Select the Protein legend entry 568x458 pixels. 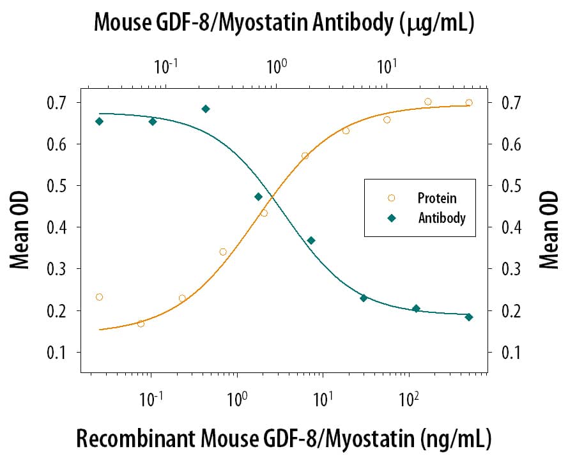click(437, 199)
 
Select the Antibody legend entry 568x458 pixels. click(441, 218)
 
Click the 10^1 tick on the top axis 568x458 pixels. click(386, 66)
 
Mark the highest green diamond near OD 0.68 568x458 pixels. click(206, 109)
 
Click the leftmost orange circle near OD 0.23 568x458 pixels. click(99, 297)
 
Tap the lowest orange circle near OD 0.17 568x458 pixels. click(141, 324)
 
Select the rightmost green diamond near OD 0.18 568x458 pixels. click(469, 317)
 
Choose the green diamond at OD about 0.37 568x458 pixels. click(311, 241)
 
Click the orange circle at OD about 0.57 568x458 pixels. click(305, 156)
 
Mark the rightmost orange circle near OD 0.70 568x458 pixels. click(469, 103)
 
